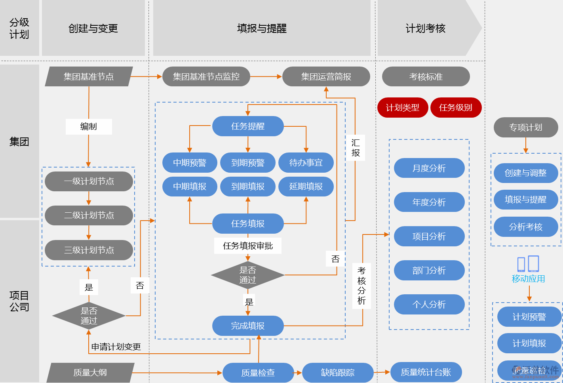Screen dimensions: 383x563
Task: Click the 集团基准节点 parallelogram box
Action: [89, 76]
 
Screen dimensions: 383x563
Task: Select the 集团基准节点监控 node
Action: [206, 76]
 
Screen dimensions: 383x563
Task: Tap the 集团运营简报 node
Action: [326, 76]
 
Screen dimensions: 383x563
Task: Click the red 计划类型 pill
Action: [402, 107]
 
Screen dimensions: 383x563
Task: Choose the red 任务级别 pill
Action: [456, 107]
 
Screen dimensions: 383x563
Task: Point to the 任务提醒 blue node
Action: [248, 126]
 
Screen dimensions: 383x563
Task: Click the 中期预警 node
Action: [190, 162]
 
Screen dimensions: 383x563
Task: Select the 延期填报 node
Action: [306, 186]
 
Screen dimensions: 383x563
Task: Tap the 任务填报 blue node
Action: [248, 223]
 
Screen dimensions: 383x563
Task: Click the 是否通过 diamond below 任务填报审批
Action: [248, 275]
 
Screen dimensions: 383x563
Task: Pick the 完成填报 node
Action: [248, 326]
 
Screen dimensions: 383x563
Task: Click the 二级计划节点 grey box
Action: [89, 215]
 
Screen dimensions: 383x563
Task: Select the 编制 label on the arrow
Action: [88, 126]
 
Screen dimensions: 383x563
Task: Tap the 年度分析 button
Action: [429, 202]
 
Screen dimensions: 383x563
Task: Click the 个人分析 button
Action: [429, 304]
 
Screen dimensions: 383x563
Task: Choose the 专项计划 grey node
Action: [525, 127]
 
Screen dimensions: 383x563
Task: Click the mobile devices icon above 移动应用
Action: [528, 264]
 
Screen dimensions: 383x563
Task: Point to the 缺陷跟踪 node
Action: [338, 372]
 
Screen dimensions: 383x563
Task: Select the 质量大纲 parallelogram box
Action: [90, 372]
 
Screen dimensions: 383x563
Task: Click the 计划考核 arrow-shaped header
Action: [426, 28]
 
